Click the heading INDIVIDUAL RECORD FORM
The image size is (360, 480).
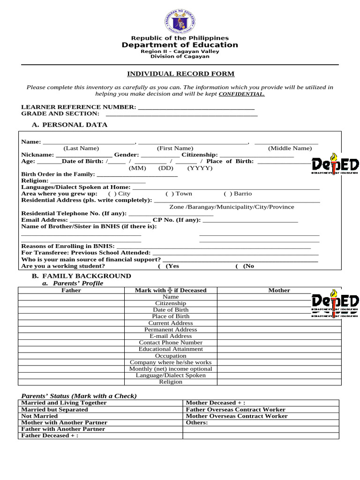click(x=181, y=74)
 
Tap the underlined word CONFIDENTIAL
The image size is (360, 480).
click(x=241, y=94)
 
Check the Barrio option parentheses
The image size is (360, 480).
click(x=227, y=194)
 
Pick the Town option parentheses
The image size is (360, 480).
click(x=169, y=194)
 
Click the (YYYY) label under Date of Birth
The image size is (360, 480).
click(x=200, y=168)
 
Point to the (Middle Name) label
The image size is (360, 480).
click(x=290, y=148)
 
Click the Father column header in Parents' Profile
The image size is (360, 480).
click(x=71, y=291)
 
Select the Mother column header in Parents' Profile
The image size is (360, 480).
click(x=279, y=291)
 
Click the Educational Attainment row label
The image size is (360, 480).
click(x=171, y=349)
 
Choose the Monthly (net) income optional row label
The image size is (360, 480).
click(x=171, y=369)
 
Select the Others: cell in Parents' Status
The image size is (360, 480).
click(x=197, y=423)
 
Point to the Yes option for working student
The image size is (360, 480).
click(x=171, y=266)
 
